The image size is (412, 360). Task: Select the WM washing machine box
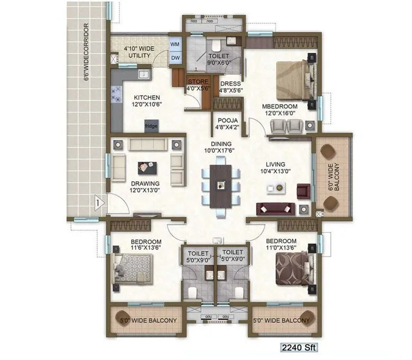(x=175, y=44)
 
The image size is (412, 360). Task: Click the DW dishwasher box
(x=175, y=58)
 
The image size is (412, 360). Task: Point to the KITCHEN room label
(x=147, y=101)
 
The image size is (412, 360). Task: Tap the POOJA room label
(x=227, y=123)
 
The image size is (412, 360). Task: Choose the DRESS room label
(x=230, y=87)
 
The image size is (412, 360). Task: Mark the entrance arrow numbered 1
(x=98, y=201)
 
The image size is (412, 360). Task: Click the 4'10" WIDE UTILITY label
(x=138, y=52)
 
